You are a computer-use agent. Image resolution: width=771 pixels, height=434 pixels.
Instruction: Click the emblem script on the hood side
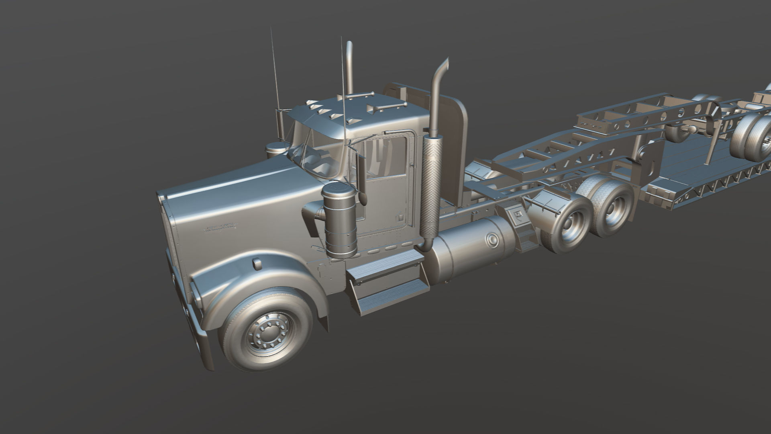coord(220,228)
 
